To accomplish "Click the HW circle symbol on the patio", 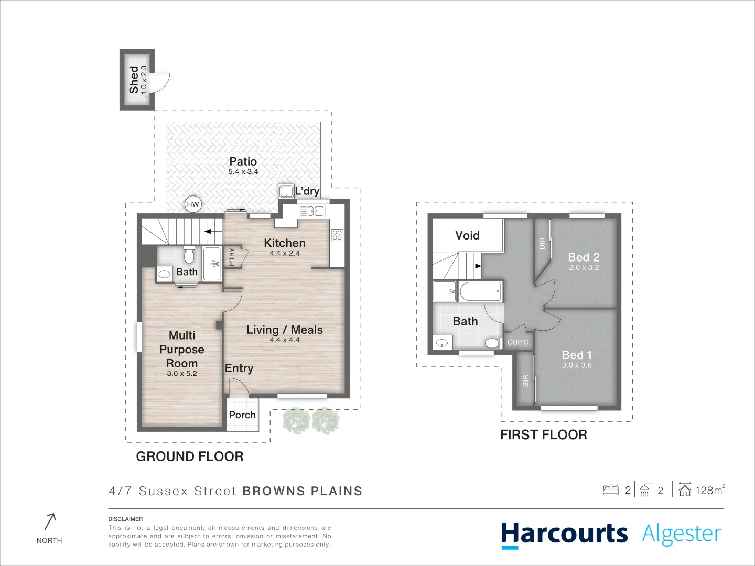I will point(193,204).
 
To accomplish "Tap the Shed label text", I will point(134,79).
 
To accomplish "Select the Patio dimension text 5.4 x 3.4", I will point(243,172).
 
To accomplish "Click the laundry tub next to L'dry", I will point(286,191).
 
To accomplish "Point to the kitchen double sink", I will point(312,211).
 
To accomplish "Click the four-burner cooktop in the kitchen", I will point(337,235).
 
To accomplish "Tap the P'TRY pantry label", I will point(232,257).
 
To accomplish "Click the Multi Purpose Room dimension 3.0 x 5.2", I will point(182,374).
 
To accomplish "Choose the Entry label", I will point(239,368).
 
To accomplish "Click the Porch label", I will point(242,415).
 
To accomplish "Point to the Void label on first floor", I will point(467,235).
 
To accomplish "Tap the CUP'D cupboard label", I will point(518,342).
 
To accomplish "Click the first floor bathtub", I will point(481,291).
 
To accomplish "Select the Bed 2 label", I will point(584,257).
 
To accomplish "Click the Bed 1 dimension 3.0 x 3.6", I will point(577,365).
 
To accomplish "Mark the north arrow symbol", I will point(50,521).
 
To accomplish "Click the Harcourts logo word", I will point(564,534).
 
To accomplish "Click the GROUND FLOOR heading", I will point(190,456).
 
